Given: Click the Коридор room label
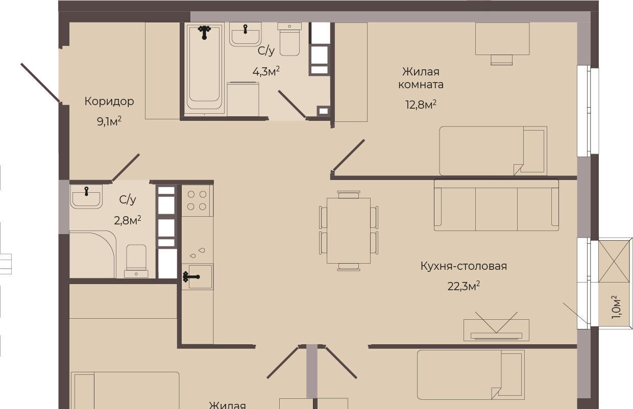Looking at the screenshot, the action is pos(109,101).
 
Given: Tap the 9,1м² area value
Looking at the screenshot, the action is pos(109,122).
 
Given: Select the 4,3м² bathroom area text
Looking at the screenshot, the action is pos(266,71).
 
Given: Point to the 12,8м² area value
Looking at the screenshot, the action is pos(421,104).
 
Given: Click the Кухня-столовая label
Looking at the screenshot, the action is pos(464,266).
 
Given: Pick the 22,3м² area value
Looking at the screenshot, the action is pos(464,286).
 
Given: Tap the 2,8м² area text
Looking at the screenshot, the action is pos(128,220).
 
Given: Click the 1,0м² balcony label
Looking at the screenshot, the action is pos(616,307).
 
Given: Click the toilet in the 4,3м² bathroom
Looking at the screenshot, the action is pos(289,39).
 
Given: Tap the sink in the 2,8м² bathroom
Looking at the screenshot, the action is pos(86,197).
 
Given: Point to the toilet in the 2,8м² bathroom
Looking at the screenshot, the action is pos(136,261).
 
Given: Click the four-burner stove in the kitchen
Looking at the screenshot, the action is pos(197,201).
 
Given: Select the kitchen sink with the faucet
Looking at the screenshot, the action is pos(197,276).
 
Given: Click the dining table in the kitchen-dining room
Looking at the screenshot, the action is pos(349,231).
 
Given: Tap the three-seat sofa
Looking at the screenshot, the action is pos(496,206).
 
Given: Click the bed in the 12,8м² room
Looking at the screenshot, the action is pos(493,151).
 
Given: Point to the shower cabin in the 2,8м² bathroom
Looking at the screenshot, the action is pos(93,254).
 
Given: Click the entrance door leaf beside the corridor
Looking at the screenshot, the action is pos(40,83).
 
